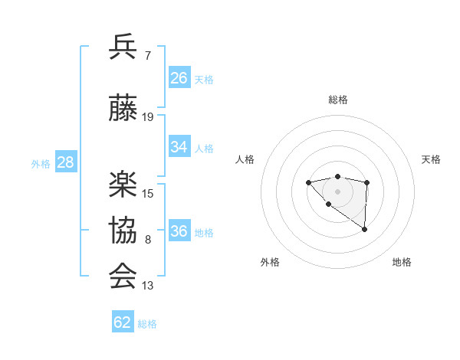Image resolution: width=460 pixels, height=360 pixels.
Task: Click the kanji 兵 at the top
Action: click(x=123, y=47)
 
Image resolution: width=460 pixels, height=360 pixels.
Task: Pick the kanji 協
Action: click(x=123, y=230)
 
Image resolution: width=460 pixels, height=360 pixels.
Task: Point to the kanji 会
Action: click(x=123, y=276)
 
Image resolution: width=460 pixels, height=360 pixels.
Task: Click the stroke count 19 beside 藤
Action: click(x=148, y=117)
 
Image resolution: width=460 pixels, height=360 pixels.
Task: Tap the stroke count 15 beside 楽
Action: click(x=148, y=194)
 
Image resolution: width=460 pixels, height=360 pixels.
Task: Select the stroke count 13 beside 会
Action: click(x=148, y=286)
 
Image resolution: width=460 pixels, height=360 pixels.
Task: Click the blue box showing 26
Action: click(x=179, y=78)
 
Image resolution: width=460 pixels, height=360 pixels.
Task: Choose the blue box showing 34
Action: click(x=179, y=147)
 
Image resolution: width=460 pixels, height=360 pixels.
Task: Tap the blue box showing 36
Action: click(x=179, y=231)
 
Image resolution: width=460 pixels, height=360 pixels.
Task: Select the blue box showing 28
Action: click(x=65, y=162)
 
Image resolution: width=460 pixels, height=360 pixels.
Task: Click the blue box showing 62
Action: click(x=123, y=322)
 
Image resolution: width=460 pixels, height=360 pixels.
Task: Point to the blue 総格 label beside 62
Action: click(x=147, y=324)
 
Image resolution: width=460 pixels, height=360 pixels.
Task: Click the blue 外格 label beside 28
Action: click(x=40, y=164)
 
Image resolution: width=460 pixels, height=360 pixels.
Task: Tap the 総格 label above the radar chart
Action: click(x=338, y=100)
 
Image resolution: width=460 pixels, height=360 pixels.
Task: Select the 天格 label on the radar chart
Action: click(x=432, y=159)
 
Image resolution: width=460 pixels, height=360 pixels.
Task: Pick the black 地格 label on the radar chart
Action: click(x=402, y=262)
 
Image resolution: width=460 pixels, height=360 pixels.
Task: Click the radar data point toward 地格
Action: click(x=365, y=229)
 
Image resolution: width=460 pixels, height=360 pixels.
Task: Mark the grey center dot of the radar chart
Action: click(x=337, y=191)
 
